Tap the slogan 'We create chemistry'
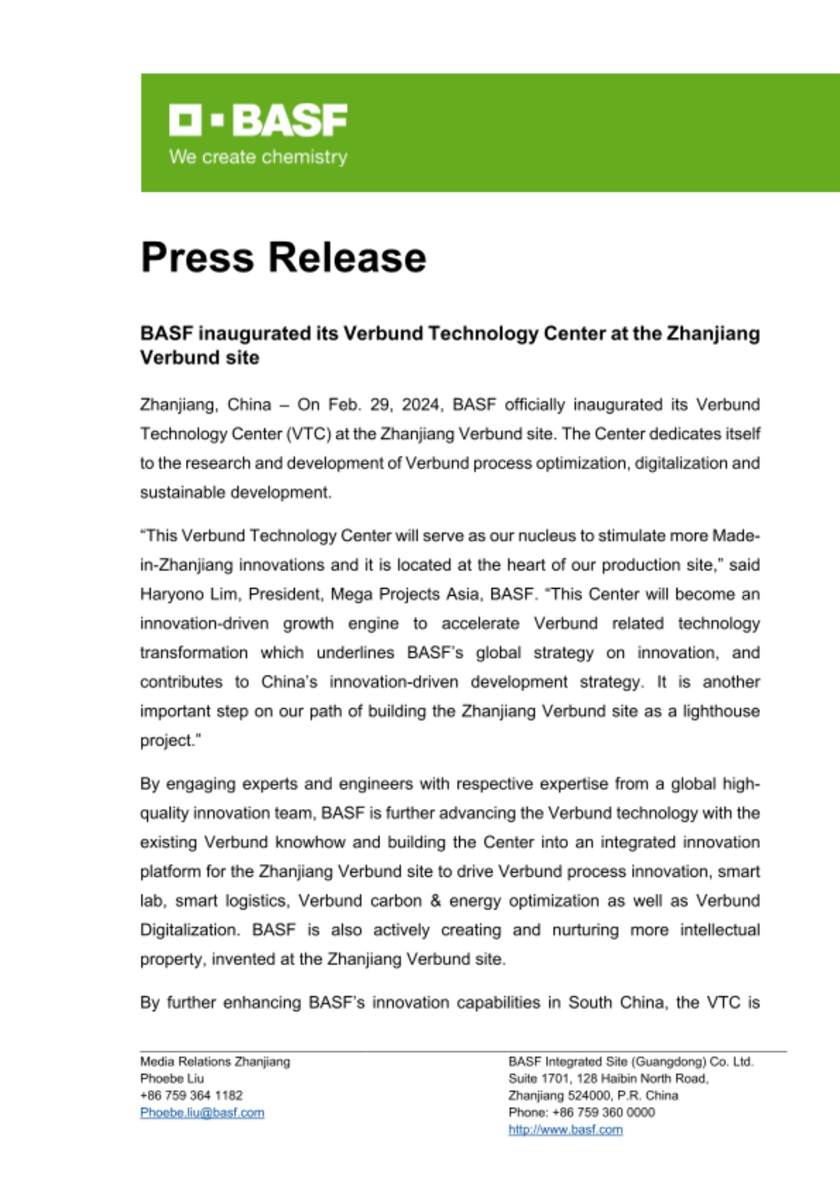click(x=258, y=157)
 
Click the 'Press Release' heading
click(x=283, y=257)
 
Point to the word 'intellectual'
click(x=719, y=930)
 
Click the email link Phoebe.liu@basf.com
click(x=202, y=1113)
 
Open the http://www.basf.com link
click(x=565, y=1130)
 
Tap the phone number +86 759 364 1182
click(x=191, y=1095)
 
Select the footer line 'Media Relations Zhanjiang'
click(x=215, y=1061)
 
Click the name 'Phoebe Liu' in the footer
click(x=172, y=1079)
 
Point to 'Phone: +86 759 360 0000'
click(x=581, y=1113)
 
